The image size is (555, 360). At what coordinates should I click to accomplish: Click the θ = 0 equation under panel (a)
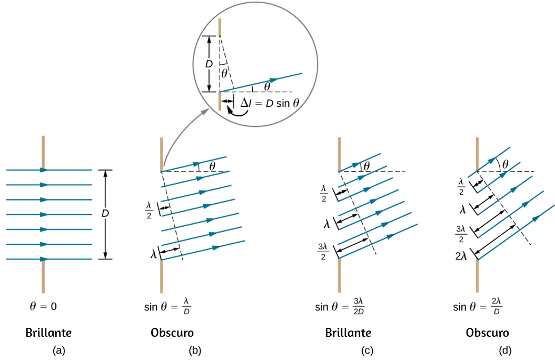coord(43,306)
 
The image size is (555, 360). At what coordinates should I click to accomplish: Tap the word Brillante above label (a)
coord(48,333)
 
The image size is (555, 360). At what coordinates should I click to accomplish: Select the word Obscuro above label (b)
coord(172,333)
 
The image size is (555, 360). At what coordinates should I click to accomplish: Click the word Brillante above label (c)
coord(348,333)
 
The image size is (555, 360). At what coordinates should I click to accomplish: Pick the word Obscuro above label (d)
coord(488,333)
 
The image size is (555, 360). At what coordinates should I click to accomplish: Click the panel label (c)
coord(367,351)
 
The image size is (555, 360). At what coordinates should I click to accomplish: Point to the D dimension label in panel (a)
coord(105,214)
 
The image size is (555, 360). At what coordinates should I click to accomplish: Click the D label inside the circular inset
coord(209,64)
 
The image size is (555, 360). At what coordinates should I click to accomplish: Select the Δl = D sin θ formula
coord(270,103)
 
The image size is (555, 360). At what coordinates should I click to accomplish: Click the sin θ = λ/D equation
coord(167,306)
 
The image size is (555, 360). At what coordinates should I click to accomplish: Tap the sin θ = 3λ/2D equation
coord(340,306)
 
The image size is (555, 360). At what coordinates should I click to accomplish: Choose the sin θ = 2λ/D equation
coord(478,306)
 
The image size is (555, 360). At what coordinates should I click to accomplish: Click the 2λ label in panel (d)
coord(461,256)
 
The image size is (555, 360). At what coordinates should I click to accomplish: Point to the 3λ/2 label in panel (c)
coord(323,252)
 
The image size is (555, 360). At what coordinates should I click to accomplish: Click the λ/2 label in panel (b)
coord(149,210)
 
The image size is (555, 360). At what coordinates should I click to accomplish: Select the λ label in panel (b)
coord(153,254)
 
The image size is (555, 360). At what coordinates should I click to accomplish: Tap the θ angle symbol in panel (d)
coord(506,164)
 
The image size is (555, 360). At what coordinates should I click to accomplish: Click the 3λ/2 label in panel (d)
coord(461,234)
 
